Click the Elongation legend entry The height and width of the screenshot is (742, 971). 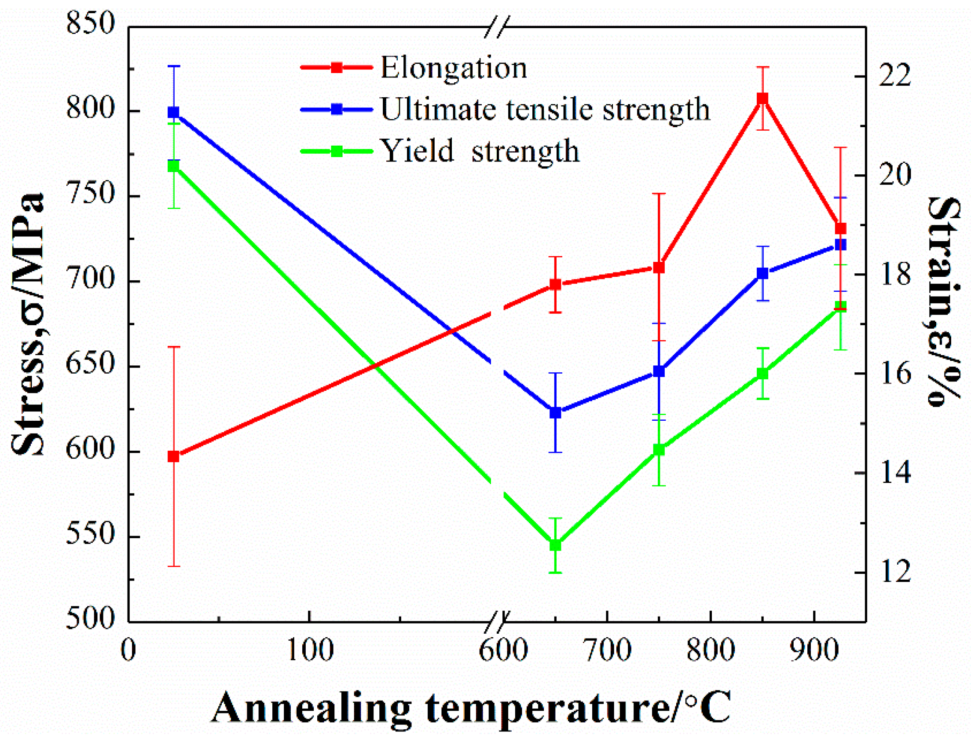[x=454, y=69]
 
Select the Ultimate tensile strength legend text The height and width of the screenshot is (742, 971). [x=545, y=109]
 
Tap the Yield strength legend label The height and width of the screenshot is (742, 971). [x=480, y=151]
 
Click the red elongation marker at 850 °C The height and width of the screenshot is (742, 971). [x=762, y=98]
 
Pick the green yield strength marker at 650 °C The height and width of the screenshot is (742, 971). [x=555, y=545]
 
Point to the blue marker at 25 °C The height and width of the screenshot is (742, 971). [x=173, y=113]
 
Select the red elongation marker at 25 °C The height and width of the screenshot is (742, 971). [x=173, y=456]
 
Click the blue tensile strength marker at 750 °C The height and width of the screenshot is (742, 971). [x=659, y=371]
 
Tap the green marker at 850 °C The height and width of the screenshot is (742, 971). [x=762, y=374]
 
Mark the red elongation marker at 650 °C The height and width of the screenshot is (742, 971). [x=555, y=284]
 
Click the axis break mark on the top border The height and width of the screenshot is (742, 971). [x=497, y=27]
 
